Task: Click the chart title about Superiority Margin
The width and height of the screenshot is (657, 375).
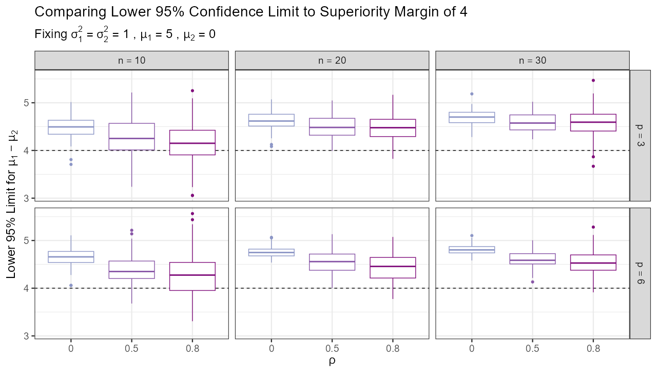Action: point(250,12)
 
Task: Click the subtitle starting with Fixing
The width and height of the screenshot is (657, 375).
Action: point(125,35)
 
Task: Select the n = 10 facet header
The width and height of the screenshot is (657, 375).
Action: point(131,60)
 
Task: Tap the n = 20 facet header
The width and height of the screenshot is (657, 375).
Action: point(332,60)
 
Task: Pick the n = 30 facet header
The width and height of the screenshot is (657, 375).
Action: point(532,60)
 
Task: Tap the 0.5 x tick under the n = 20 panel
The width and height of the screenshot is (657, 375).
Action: point(332,347)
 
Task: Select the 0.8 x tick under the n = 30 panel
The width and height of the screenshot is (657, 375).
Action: point(593,347)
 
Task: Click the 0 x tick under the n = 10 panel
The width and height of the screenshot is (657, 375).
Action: point(70,347)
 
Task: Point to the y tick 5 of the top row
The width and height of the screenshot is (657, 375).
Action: point(28,103)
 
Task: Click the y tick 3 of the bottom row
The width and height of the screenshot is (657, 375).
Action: point(28,336)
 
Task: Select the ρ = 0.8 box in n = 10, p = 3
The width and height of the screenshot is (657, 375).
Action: point(192,142)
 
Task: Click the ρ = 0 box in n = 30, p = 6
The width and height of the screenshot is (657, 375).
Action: point(471,250)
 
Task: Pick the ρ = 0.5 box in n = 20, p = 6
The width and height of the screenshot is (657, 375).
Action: point(332,262)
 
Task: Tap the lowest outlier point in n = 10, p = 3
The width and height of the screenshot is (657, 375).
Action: point(192,195)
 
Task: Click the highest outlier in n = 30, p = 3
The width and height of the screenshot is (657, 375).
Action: point(593,80)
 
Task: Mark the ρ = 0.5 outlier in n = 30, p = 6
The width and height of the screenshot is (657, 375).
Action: point(532,282)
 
